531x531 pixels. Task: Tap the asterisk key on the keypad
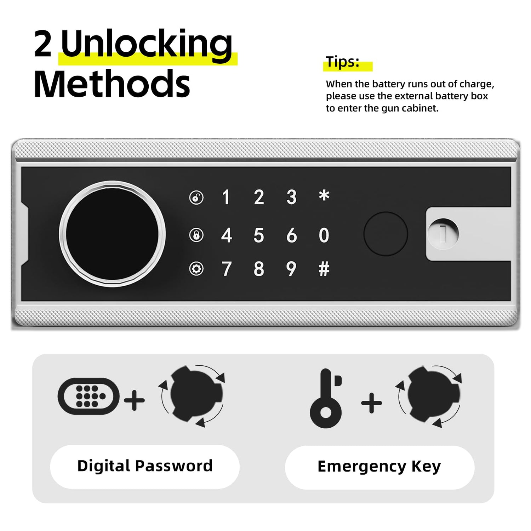click(324, 195)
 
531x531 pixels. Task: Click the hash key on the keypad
click(324, 269)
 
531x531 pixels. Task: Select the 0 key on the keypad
click(324, 235)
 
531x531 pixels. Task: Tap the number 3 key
click(291, 197)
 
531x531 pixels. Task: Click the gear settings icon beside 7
click(196, 269)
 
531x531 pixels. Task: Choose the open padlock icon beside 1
click(196, 198)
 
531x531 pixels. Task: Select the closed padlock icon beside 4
click(196, 235)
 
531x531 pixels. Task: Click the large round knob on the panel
click(112, 234)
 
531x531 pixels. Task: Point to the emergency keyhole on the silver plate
click(443, 234)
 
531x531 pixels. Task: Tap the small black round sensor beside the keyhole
click(386, 234)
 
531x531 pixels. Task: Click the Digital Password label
click(145, 466)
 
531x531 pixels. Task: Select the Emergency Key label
click(379, 467)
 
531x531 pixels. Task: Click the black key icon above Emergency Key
click(326, 398)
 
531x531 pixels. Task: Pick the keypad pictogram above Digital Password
click(88, 396)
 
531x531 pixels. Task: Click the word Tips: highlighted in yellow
click(343, 62)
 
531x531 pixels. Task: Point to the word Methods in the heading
click(112, 84)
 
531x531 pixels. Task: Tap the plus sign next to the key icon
click(371, 403)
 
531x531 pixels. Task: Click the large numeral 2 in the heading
click(43, 44)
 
